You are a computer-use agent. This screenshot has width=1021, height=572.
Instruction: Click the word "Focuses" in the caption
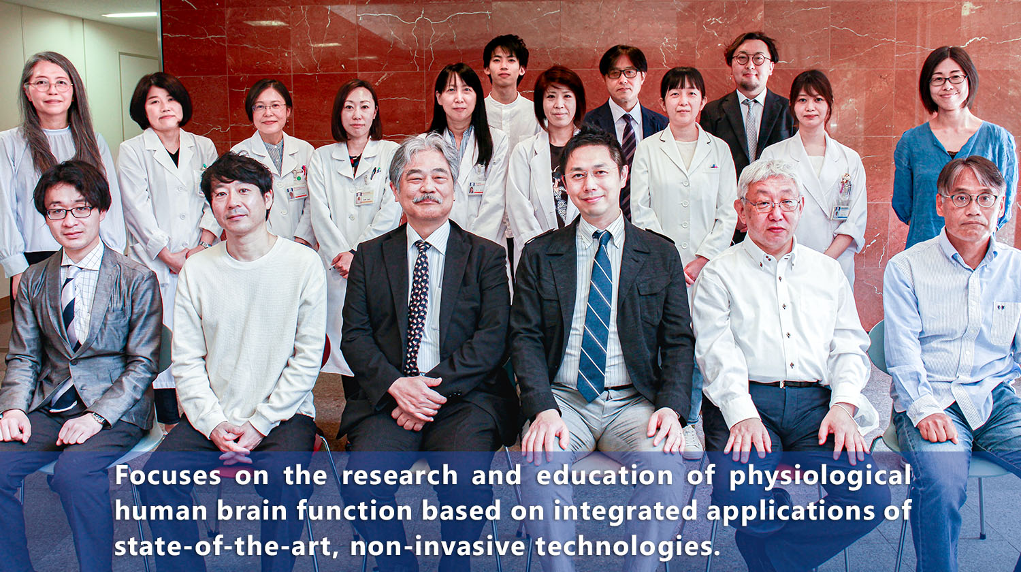pyautogui.click(x=167, y=475)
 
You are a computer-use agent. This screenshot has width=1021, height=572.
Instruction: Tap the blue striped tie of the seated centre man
pyautogui.click(x=596, y=320)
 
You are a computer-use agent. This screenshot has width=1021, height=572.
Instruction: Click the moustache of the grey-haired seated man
pyautogui.click(x=427, y=199)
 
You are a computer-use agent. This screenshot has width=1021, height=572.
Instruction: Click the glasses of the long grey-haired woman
pyautogui.click(x=49, y=86)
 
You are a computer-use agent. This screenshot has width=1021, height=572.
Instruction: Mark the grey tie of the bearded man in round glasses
pyautogui.click(x=750, y=126)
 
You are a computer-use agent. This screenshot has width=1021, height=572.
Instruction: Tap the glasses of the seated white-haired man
pyautogui.click(x=773, y=204)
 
